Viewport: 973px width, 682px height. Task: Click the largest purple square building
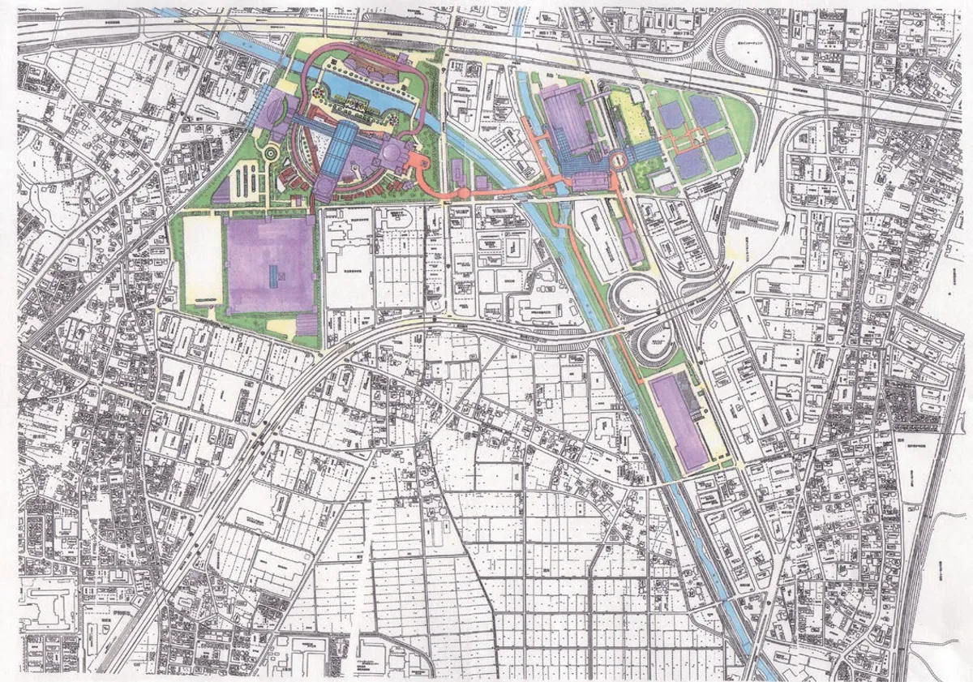pos(270,264)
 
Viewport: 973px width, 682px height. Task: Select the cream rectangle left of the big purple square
pos(203,260)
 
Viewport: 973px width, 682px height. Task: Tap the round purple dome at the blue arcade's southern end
pos(323,191)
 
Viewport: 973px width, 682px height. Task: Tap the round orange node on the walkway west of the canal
pos(463,194)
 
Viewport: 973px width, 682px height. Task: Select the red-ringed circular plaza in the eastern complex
pos(620,160)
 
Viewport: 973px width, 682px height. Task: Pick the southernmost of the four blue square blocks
pos(690,165)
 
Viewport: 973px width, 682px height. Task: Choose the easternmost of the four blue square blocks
pos(722,147)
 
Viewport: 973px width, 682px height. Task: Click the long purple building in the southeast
pos(679,421)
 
